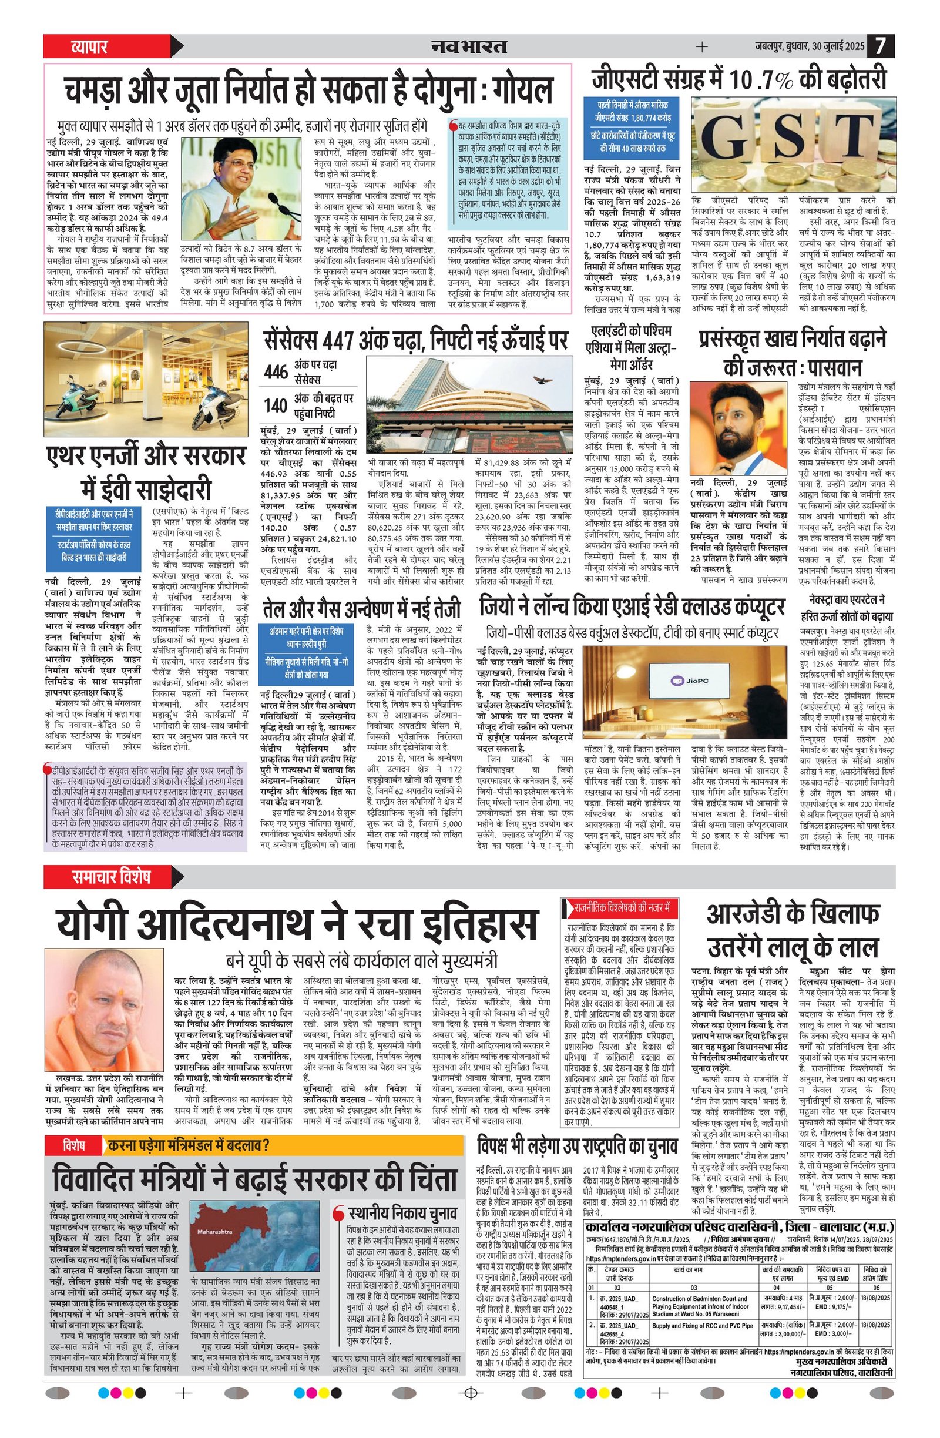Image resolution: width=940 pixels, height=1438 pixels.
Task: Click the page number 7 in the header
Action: point(881,46)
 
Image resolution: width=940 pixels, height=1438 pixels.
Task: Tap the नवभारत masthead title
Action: point(469,46)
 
